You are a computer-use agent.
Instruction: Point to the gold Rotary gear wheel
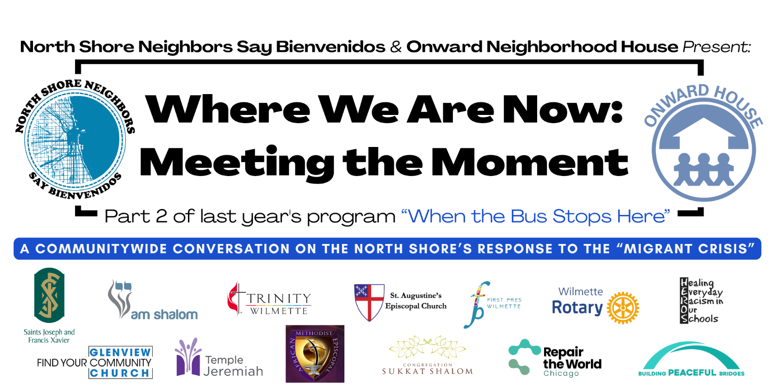point(623,307)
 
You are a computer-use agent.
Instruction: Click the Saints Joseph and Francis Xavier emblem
point(49,295)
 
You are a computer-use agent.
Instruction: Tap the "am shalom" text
point(164,315)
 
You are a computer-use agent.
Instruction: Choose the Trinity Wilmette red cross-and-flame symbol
point(235,298)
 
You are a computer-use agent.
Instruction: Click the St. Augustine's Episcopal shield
point(369,302)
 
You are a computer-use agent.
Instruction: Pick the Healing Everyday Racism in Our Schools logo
point(701,301)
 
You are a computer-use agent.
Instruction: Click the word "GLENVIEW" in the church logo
point(120,353)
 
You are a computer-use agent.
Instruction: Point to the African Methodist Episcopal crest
point(315,354)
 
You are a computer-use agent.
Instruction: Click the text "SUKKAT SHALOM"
point(427,372)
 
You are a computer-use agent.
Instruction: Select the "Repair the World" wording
point(572,358)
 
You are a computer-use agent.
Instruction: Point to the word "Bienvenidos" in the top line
point(330,47)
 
